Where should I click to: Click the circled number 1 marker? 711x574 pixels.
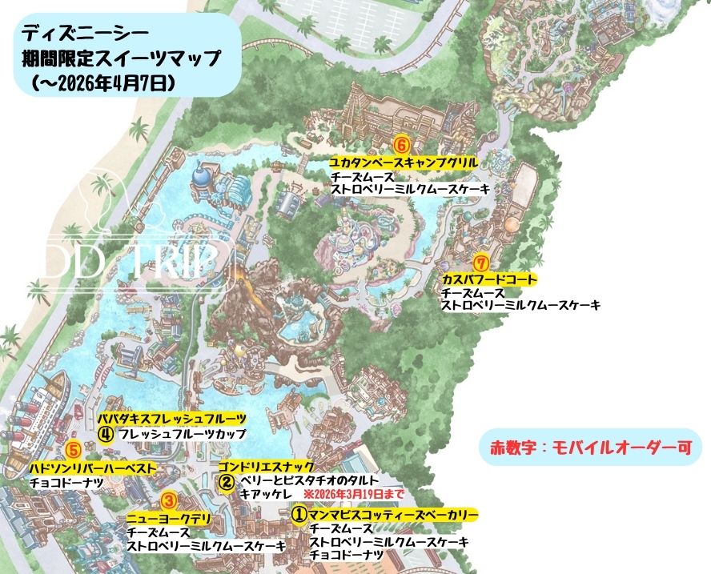299,512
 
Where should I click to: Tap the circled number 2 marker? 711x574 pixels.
227,482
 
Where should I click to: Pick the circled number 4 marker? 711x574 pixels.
105,434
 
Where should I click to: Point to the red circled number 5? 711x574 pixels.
73,451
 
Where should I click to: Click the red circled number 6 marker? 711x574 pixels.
402,145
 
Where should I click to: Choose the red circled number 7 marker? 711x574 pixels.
480,263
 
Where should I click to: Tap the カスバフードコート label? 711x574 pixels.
488,279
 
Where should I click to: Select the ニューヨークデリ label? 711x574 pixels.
168,519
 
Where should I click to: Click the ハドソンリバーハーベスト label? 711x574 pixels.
92,468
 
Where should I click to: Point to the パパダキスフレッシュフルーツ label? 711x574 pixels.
172,419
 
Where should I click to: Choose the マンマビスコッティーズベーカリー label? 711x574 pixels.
393,513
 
